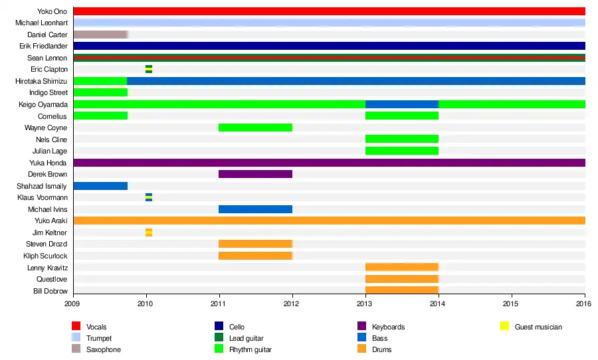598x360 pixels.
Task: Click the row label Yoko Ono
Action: [52, 11]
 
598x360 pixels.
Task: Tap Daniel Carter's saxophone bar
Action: [100, 35]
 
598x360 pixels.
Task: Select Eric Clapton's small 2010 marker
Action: [149, 69]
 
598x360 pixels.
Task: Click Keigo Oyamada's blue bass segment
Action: [401, 104]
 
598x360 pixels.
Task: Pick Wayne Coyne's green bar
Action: [255, 128]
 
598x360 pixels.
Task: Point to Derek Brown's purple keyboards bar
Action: [255, 174]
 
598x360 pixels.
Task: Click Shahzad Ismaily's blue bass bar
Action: [100, 186]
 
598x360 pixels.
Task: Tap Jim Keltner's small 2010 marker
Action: [149, 232]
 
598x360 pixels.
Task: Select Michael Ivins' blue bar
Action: [255, 209]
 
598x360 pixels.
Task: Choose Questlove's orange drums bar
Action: [401, 279]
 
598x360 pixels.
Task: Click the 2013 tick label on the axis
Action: [365, 304]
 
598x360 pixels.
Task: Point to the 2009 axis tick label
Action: [73, 304]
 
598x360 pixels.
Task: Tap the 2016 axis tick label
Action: [585, 304]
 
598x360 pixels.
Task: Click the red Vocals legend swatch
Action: [76, 327]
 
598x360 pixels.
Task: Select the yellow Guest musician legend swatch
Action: [504, 327]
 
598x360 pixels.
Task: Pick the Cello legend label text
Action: [237, 327]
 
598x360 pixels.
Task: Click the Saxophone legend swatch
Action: [76, 349]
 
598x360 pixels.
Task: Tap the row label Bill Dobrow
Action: [50, 291]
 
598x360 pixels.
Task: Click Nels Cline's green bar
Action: [401, 139]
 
